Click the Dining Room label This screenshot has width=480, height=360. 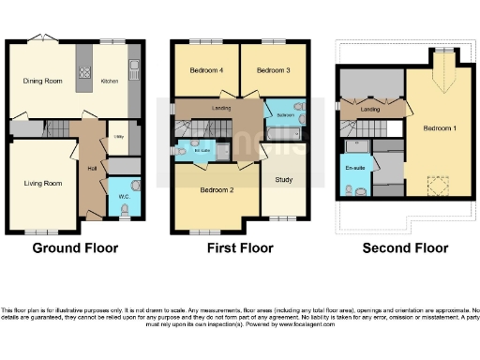42,82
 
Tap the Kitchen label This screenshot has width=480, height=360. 110,82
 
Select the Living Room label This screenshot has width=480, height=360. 41,183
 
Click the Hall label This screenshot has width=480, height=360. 92,168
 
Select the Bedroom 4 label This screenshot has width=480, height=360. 207,70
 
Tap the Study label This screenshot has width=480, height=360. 282,179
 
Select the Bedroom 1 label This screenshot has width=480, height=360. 438,128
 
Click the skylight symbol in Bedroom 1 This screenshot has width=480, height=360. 435,185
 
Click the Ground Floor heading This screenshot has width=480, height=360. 74,248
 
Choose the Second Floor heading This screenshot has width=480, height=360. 405,248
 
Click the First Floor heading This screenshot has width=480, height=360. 239,248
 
